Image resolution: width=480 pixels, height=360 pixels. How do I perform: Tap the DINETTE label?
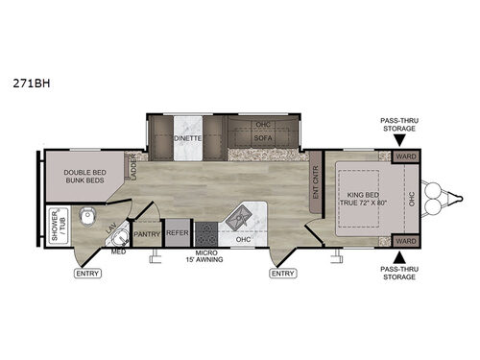188,137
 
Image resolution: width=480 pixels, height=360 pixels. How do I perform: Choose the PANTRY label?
147,233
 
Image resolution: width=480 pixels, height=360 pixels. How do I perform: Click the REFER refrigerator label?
178,233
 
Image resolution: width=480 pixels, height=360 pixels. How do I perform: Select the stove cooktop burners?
206,232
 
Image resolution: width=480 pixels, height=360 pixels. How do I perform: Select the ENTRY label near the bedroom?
282,274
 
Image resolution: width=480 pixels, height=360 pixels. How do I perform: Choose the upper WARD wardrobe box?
406,156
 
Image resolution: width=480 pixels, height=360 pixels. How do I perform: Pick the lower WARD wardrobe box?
406,240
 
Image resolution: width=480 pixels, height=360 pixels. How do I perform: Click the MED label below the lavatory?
118,252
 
